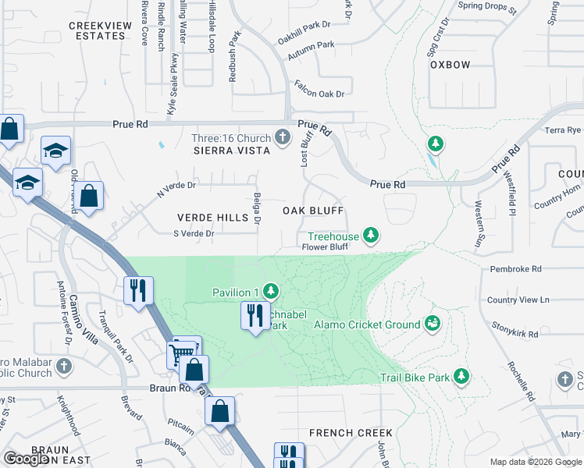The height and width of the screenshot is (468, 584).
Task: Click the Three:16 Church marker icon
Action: coord(283,138)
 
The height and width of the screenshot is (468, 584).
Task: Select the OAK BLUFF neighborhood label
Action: coord(312,211)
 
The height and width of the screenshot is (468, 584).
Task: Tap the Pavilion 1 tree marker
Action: coord(271,292)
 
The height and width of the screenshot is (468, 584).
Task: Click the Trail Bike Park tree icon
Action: coord(461,378)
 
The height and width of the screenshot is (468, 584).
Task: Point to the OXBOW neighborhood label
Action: coord(450,65)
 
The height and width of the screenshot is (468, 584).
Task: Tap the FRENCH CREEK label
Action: coord(350,433)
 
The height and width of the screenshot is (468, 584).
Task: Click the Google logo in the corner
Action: coord(27,459)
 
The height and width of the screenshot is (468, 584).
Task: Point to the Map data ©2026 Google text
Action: coord(536,462)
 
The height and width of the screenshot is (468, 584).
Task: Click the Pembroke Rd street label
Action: coord(515,269)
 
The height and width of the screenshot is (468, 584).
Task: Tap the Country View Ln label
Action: coord(518,300)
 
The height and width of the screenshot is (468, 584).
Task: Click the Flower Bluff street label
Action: coord(324,247)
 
